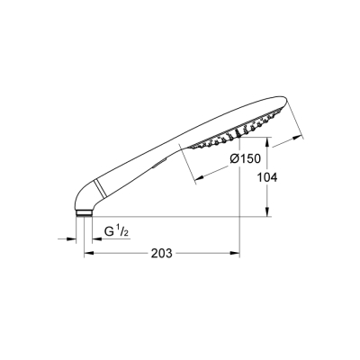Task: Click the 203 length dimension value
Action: [x=160, y=254]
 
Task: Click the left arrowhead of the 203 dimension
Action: [x=87, y=254]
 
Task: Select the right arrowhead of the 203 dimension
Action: [x=236, y=254]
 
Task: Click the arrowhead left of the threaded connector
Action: [x=73, y=238]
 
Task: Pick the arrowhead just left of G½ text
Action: [x=94, y=238]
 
